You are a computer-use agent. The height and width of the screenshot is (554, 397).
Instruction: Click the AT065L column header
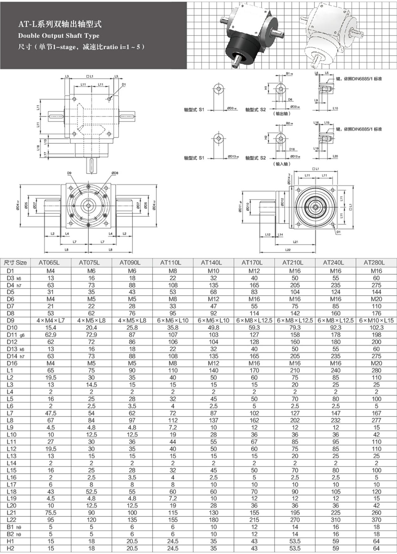click(51, 263)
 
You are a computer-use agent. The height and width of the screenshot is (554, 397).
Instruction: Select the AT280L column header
click(376, 263)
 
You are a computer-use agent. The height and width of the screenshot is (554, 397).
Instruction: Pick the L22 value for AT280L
click(376, 520)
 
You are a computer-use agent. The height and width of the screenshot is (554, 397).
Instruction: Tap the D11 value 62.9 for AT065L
click(51, 334)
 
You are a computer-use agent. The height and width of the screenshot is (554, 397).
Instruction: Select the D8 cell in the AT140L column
click(214, 313)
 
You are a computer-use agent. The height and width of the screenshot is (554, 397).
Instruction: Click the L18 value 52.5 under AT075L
click(91, 491)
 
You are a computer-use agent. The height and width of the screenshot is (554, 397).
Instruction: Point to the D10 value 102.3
click(376, 327)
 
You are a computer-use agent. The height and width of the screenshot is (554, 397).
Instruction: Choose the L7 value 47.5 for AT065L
click(51, 413)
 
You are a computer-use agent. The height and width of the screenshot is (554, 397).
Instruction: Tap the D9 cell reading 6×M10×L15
click(376, 320)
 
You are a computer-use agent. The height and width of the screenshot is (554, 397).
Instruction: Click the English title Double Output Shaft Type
click(59, 36)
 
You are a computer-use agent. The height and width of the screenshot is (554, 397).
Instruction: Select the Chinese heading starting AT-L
click(60, 25)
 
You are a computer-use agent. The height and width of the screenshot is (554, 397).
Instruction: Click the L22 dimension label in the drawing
click(288, 250)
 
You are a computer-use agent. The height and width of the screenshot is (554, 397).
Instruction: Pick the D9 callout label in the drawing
click(69, 173)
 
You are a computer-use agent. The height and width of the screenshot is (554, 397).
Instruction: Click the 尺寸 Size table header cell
click(15, 263)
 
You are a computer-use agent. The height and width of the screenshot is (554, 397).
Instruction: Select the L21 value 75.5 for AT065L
click(51, 513)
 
